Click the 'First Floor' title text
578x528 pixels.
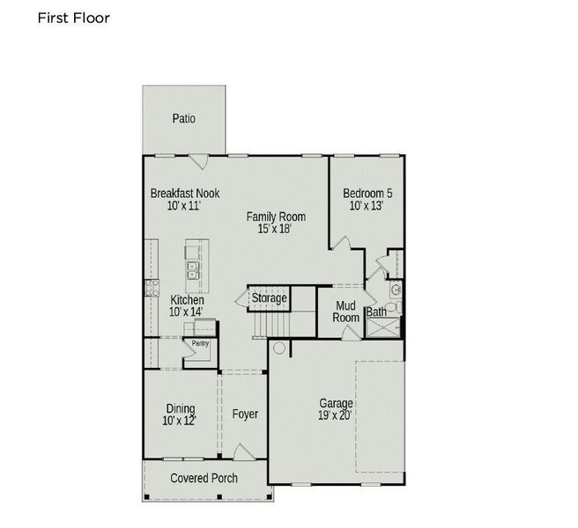(74, 18)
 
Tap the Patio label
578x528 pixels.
(183, 119)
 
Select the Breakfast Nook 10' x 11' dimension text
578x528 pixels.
(184, 206)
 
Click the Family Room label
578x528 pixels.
(275, 216)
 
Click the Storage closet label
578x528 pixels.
(269, 298)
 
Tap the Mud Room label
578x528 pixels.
(345, 312)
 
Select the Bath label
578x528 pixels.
(376, 312)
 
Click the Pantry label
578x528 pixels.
(200, 343)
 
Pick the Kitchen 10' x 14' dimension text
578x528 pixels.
(186, 312)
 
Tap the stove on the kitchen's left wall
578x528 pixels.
(150, 287)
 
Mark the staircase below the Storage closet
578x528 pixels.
(270, 325)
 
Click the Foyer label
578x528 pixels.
(245, 414)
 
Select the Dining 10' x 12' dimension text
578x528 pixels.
(180, 421)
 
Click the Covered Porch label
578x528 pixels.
(204, 478)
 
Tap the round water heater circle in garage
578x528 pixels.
(279, 348)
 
